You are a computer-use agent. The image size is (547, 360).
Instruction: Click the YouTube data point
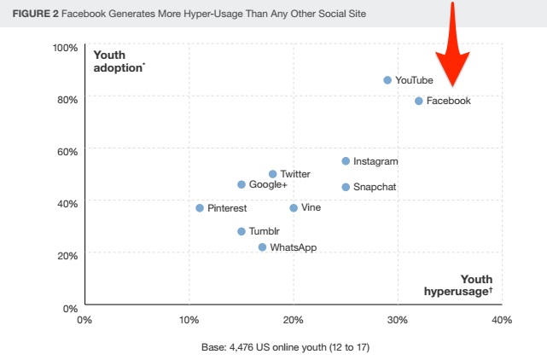pos(387,80)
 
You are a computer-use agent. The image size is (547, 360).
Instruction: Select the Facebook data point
pos(418,101)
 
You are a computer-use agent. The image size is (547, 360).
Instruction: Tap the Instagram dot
pos(346,161)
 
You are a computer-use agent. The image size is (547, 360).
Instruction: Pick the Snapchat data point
pos(346,187)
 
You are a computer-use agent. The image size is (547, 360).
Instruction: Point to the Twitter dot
pos(272,174)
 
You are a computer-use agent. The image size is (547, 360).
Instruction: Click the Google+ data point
pos(241,185)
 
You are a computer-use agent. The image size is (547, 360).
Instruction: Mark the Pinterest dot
pos(200,208)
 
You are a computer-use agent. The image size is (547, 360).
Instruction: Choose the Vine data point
pos(294,208)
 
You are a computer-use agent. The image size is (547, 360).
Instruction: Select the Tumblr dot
pos(241,231)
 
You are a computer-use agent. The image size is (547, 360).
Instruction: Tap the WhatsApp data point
pos(262,247)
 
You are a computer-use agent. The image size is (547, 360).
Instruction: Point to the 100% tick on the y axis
pos(66,47)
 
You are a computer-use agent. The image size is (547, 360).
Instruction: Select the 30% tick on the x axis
pos(398,320)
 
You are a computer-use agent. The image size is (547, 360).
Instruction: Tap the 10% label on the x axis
pos(189,320)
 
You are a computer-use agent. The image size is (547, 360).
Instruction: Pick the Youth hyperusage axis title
pos(459,285)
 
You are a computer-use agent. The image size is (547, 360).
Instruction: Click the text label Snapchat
pos(375,187)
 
